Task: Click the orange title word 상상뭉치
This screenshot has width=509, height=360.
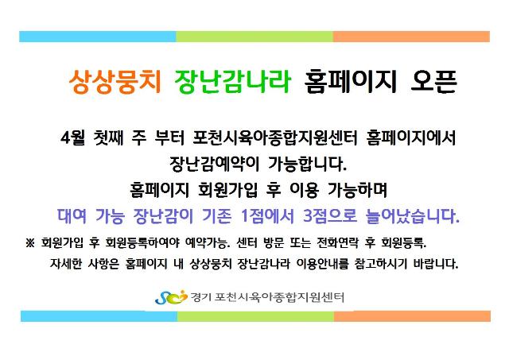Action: click(115, 82)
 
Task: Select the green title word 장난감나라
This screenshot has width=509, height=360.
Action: click(232, 82)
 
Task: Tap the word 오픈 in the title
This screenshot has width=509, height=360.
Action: click(434, 82)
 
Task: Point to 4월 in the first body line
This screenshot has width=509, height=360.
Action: click(72, 137)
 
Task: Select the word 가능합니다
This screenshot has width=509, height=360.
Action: click(307, 164)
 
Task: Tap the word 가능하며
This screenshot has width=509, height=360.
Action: click(357, 190)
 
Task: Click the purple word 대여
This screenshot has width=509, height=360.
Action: click(72, 215)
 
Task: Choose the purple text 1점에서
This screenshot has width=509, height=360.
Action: click(267, 215)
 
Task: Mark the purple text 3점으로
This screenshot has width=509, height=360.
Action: click(330, 215)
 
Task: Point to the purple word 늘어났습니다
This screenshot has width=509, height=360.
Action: click(412, 215)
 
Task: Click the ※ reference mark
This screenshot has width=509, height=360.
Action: click(30, 243)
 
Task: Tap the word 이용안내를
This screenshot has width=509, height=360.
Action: click(322, 263)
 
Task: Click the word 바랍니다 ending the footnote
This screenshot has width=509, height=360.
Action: click(435, 263)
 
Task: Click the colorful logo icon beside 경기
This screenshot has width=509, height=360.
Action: click(171, 297)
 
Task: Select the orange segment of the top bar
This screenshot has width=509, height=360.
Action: click(411, 37)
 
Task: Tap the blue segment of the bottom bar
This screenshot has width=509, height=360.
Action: click(99, 316)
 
